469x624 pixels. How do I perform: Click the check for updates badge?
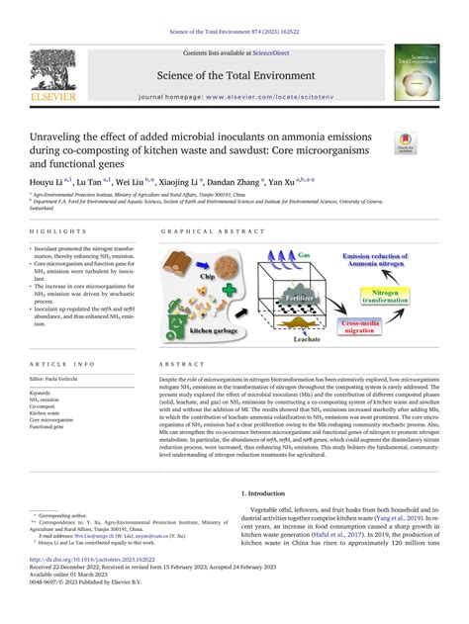pyautogui.click(x=406, y=143)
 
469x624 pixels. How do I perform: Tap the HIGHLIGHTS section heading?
pyautogui.click(x=52, y=230)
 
